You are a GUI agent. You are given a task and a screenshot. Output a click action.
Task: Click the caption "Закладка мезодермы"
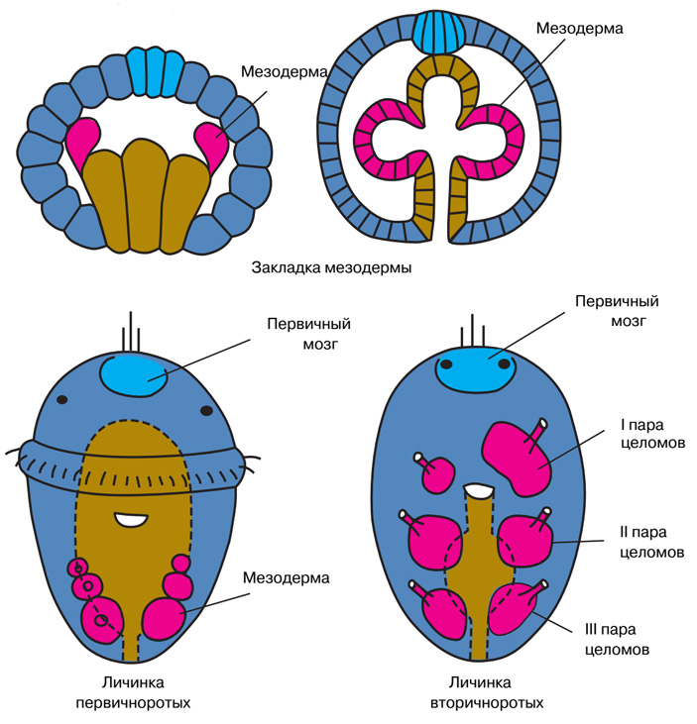[x=331, y=267]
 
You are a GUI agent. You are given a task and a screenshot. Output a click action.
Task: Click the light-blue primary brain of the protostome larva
[x=135, y=374]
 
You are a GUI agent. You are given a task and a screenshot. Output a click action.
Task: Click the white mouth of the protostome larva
[x=129, y=518]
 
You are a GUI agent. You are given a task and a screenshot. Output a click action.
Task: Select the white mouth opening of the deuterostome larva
[x=479, y=489]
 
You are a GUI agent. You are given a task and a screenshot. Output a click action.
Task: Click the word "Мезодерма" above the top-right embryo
[x=579, y=29]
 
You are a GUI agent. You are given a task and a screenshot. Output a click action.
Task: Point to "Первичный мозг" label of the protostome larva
[x=309, y=335]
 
